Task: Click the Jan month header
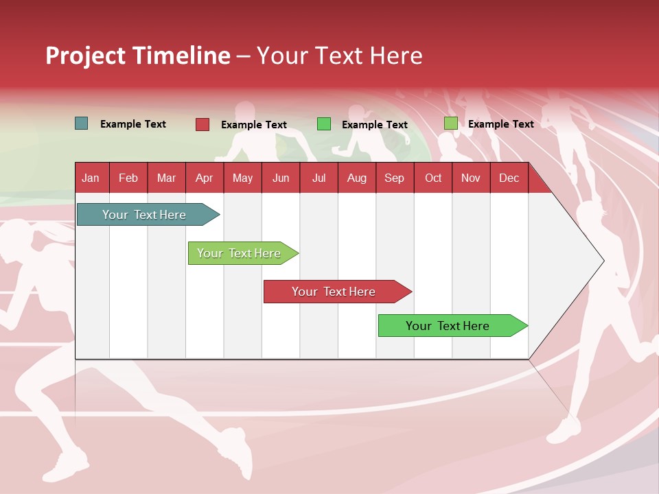tap(91, 178)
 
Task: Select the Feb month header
tap(128, 178)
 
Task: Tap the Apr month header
tap(204, 178)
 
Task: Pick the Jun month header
tap(281, 178)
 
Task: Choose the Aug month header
tap(356, 178)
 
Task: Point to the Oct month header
tap(433, 178)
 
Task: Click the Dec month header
tap(509, 178)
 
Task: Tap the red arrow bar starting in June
tap(334, 292)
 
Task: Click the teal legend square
tap(81, 123)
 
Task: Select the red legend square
tap(203, 124)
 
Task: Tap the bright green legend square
tap(324, 124)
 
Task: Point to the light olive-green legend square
tap(450, 123)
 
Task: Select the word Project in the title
tap(85, 56)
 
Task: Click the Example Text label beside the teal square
tap(133, 124)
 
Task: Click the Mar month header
tap(166, 178)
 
